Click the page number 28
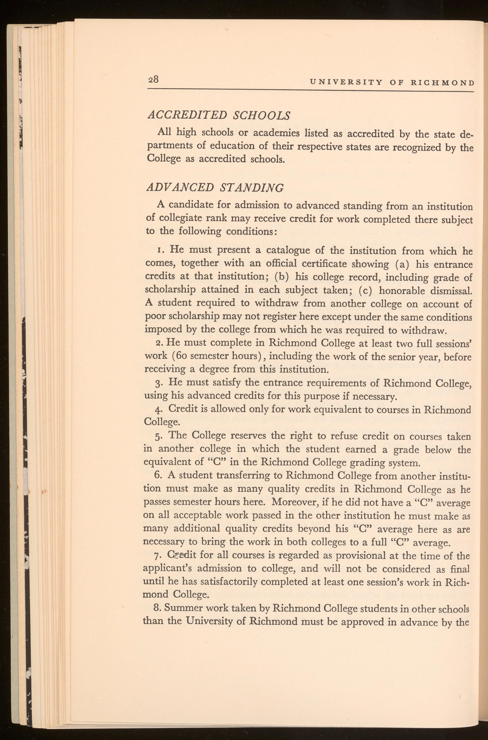click(153, 80)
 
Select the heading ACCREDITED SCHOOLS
click(218, 115)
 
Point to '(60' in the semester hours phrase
click(179, 356)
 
